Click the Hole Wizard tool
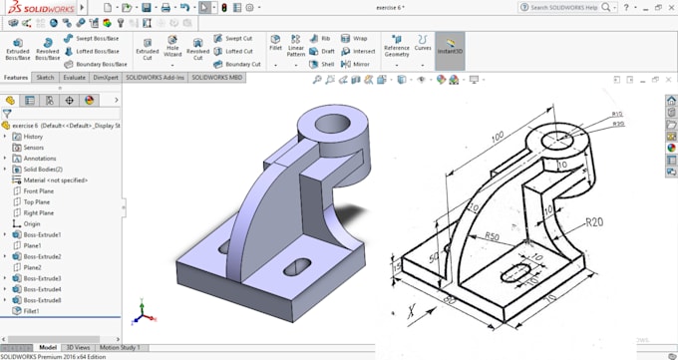pyautogui.click(x=172, y=49)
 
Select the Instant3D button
pyautogui.click(x=450, y=49)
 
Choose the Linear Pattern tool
pyautogui.click(x=296, y=49)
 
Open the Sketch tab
pyautogui.click(x=45, y=77)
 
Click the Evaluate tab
pyautogui.click(x=75, y=77)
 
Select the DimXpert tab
pyautogui.click(x=106, y=77)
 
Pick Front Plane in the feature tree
pyautogui.click(x=38, y=190)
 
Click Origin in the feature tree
pyautogui.click(x=32, y=223)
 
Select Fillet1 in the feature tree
pyautogui.click(x=33, y=311)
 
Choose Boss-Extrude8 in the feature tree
pyautogui.click(x=43, y=300)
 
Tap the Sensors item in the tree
pyautogui.click(x=34, y=147)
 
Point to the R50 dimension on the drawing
pyautogui.click(x=491, y=236)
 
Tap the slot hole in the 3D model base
pyautogui.click(x=296, y=264)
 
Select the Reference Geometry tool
pyautogui.click(x=396, y=49)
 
